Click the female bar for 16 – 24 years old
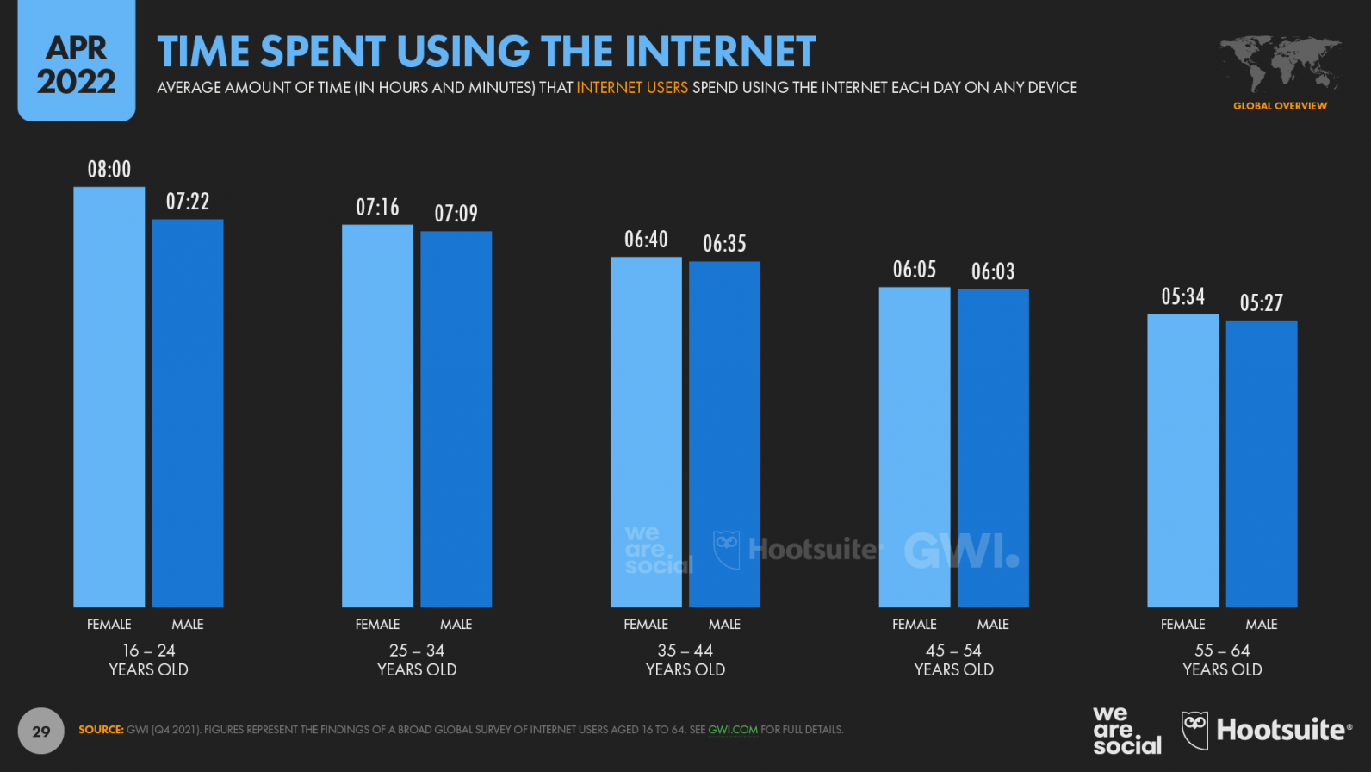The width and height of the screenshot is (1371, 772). (109, 396)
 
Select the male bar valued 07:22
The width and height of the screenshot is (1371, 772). (188, 414)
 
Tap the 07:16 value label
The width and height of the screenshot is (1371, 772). (377, 208)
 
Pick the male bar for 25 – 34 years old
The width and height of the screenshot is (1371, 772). (456, 419)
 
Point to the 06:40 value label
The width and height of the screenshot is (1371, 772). (646, 240)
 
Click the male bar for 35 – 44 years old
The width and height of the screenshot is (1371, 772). (724, 433)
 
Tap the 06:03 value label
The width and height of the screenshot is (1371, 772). (993, 272)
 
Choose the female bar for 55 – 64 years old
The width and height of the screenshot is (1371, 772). (1182, 460)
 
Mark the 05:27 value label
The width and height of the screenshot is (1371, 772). (1261, 303)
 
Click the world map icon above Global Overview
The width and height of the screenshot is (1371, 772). (1280, 63)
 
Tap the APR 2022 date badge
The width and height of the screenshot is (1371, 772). (76, 65)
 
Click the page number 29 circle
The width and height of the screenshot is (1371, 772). (40, 732)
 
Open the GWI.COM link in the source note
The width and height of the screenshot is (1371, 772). (732, 730)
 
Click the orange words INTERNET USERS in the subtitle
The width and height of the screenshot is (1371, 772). (631, 88)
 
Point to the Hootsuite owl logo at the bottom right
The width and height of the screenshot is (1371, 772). (1194, 730)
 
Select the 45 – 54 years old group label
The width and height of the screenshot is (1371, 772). (953, 660)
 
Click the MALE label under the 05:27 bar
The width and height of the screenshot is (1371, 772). (1261, 625)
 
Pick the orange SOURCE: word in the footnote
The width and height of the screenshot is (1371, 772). (101, 730)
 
